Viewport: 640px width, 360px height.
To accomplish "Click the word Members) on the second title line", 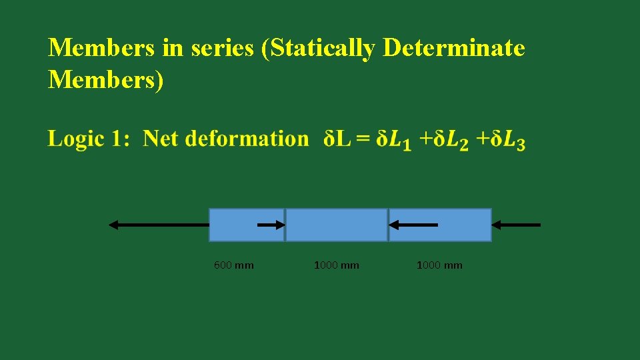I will (105, 79).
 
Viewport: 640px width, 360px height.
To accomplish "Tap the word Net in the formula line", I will (160, 139).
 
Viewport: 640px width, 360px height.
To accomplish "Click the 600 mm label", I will (233, 265).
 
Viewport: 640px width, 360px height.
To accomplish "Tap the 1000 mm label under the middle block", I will (336, 265).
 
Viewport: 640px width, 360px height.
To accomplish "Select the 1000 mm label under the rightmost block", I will (439, 265).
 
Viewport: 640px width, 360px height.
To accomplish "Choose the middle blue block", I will (337, 225).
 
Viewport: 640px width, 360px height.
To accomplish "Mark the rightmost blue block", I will (460, 225).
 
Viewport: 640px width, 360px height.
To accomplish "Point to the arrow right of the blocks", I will (520, 225).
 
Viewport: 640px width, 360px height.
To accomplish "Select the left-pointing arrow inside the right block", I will (413, 225).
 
